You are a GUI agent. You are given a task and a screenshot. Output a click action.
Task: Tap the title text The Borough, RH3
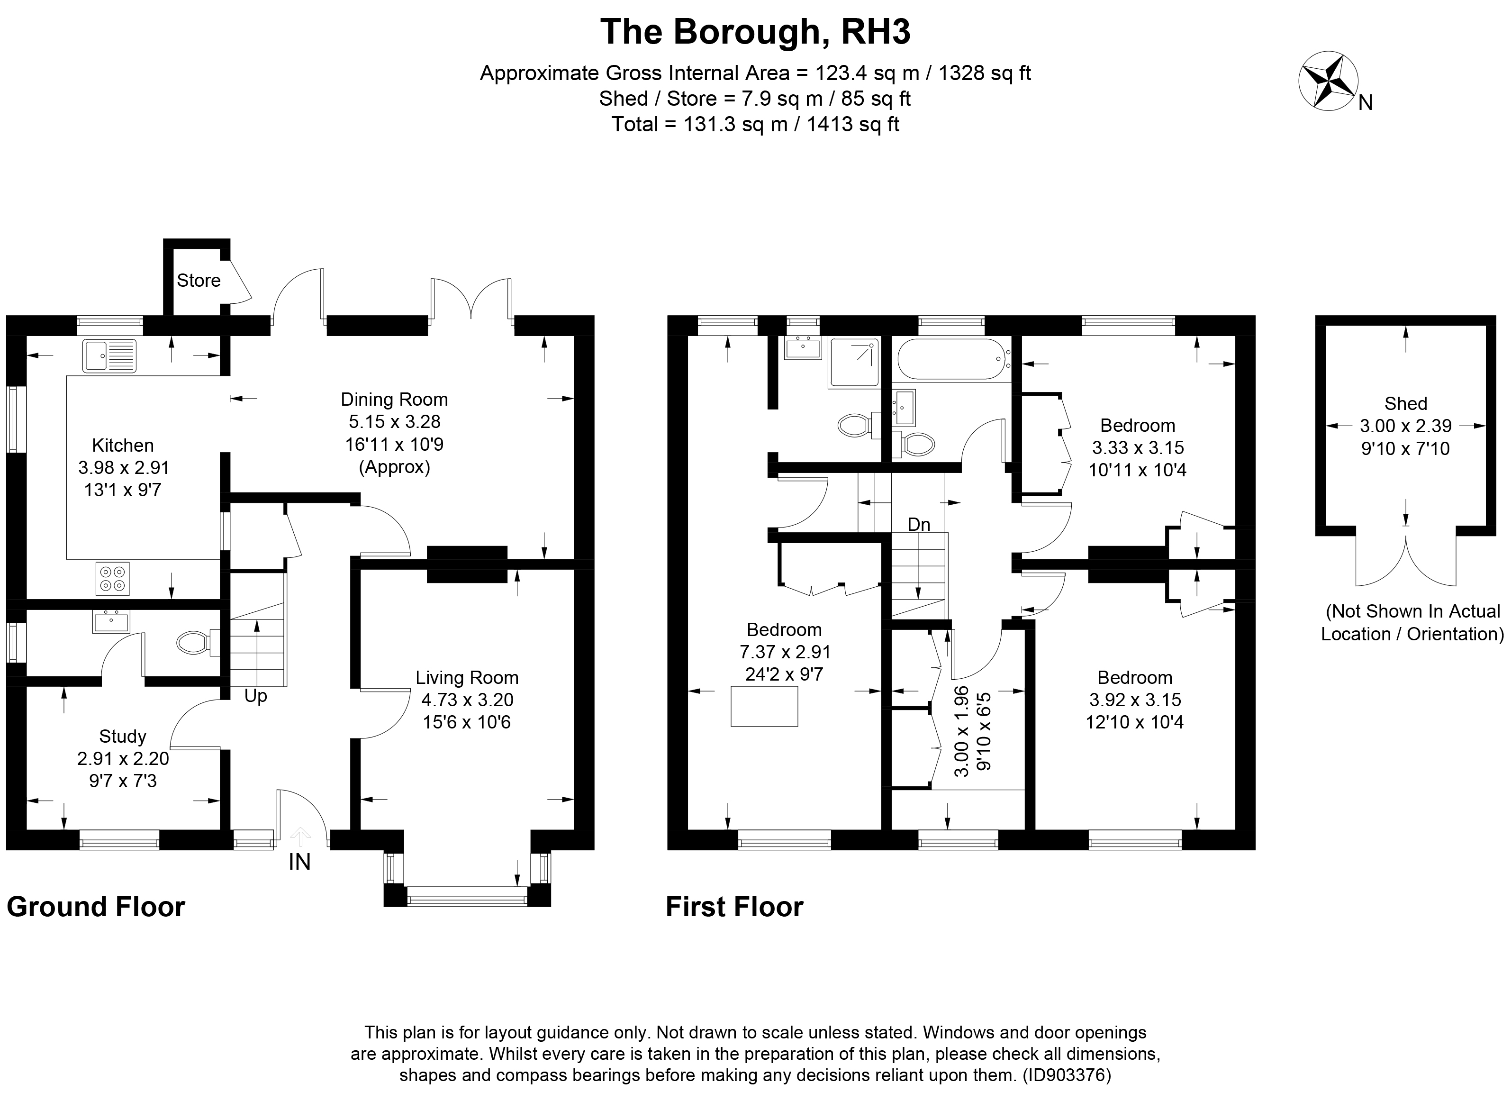pos(755,31)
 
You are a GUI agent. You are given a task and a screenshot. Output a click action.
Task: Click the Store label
pos(199,281)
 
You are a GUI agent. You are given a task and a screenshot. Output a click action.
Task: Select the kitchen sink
pos(109,356)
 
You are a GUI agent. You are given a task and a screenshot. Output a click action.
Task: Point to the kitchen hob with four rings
pos(113,579)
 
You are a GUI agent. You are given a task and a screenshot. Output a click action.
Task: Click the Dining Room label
pos(394,399)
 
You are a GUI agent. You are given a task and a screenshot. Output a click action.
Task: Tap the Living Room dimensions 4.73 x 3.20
pos(467,700)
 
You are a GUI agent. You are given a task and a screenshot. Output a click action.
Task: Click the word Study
pos(123,737)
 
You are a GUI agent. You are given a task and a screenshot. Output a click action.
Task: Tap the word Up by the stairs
pos(256,696)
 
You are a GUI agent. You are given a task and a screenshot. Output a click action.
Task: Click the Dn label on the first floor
pos(919,525)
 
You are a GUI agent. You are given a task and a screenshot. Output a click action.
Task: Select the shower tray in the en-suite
pos(853,363)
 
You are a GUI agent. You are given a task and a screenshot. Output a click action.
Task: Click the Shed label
pos(1406,403)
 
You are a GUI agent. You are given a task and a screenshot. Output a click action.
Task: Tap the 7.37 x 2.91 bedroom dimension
pos(785,652)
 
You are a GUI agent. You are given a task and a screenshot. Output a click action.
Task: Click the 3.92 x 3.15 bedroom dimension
pos(1135,700)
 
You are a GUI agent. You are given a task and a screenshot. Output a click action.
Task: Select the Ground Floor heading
pos(96,907)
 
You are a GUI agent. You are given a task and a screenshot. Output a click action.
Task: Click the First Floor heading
pos(734,907)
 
